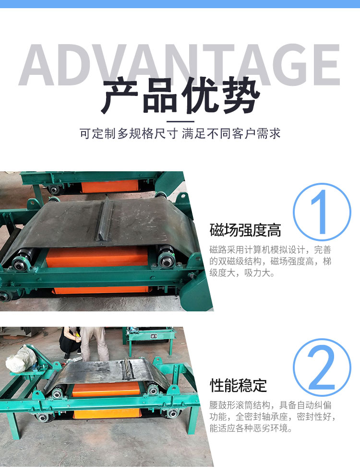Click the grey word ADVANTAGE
click(x=180, y=64)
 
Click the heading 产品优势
click(x=180, y=95)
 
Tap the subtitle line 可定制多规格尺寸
click(x=129, y=133)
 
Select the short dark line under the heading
click(x=180, y=121)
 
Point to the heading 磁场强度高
click(x=245, y=230)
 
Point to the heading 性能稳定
click(x=238, y=385)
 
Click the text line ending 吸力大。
click(x=242, y=273)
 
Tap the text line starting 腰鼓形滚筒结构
click(x=270, y=405)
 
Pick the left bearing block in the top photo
click(x=21, y=262)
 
